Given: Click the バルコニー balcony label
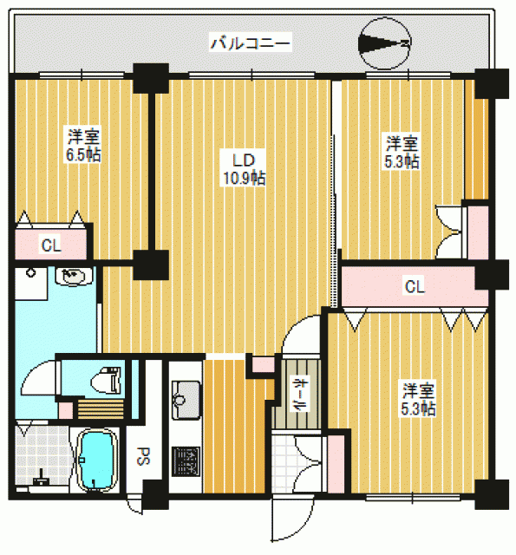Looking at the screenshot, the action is pos(251,43).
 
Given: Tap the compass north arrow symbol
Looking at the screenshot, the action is pos(385,43).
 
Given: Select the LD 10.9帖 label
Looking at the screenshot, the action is pos(244,170).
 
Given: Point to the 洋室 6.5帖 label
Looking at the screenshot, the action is pos(83,145).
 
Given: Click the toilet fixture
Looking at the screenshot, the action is pos(106,381).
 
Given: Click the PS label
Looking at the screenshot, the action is pos(143,456).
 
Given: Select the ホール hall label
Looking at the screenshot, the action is pos(299,395).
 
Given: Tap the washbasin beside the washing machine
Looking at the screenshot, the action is pos(74,276).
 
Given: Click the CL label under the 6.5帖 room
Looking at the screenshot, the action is pos(51,245).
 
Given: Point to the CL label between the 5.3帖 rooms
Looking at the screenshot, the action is pos(415,286).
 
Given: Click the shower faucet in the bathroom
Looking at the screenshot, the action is pos(41,479).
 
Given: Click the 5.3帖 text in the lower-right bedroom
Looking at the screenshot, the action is pos(418,408).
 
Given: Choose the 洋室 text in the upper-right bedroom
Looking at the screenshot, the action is pos(402,143).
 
